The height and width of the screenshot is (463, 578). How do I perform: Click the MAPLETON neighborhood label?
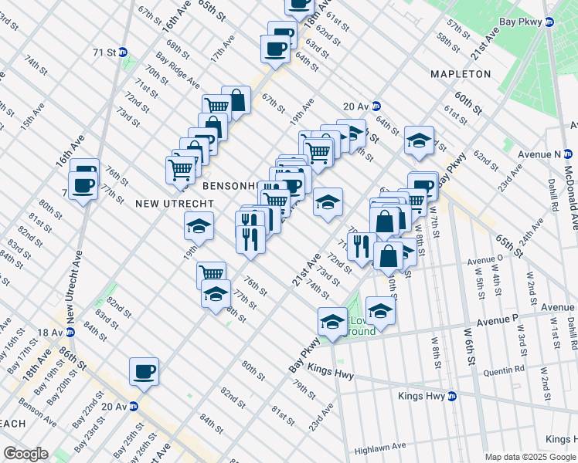(461, 74)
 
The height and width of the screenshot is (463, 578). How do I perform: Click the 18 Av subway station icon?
(70, 332)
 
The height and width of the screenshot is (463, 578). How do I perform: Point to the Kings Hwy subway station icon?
(453, 396)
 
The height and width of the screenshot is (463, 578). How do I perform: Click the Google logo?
(25, 454)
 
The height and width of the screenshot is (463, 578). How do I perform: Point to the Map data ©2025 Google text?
(530, 457)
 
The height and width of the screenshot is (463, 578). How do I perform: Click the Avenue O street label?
(484, 260)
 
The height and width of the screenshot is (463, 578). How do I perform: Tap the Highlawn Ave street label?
(380, 447)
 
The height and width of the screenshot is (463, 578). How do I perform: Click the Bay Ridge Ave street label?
(178, 71)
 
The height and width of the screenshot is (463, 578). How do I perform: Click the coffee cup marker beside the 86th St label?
(144, 372)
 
